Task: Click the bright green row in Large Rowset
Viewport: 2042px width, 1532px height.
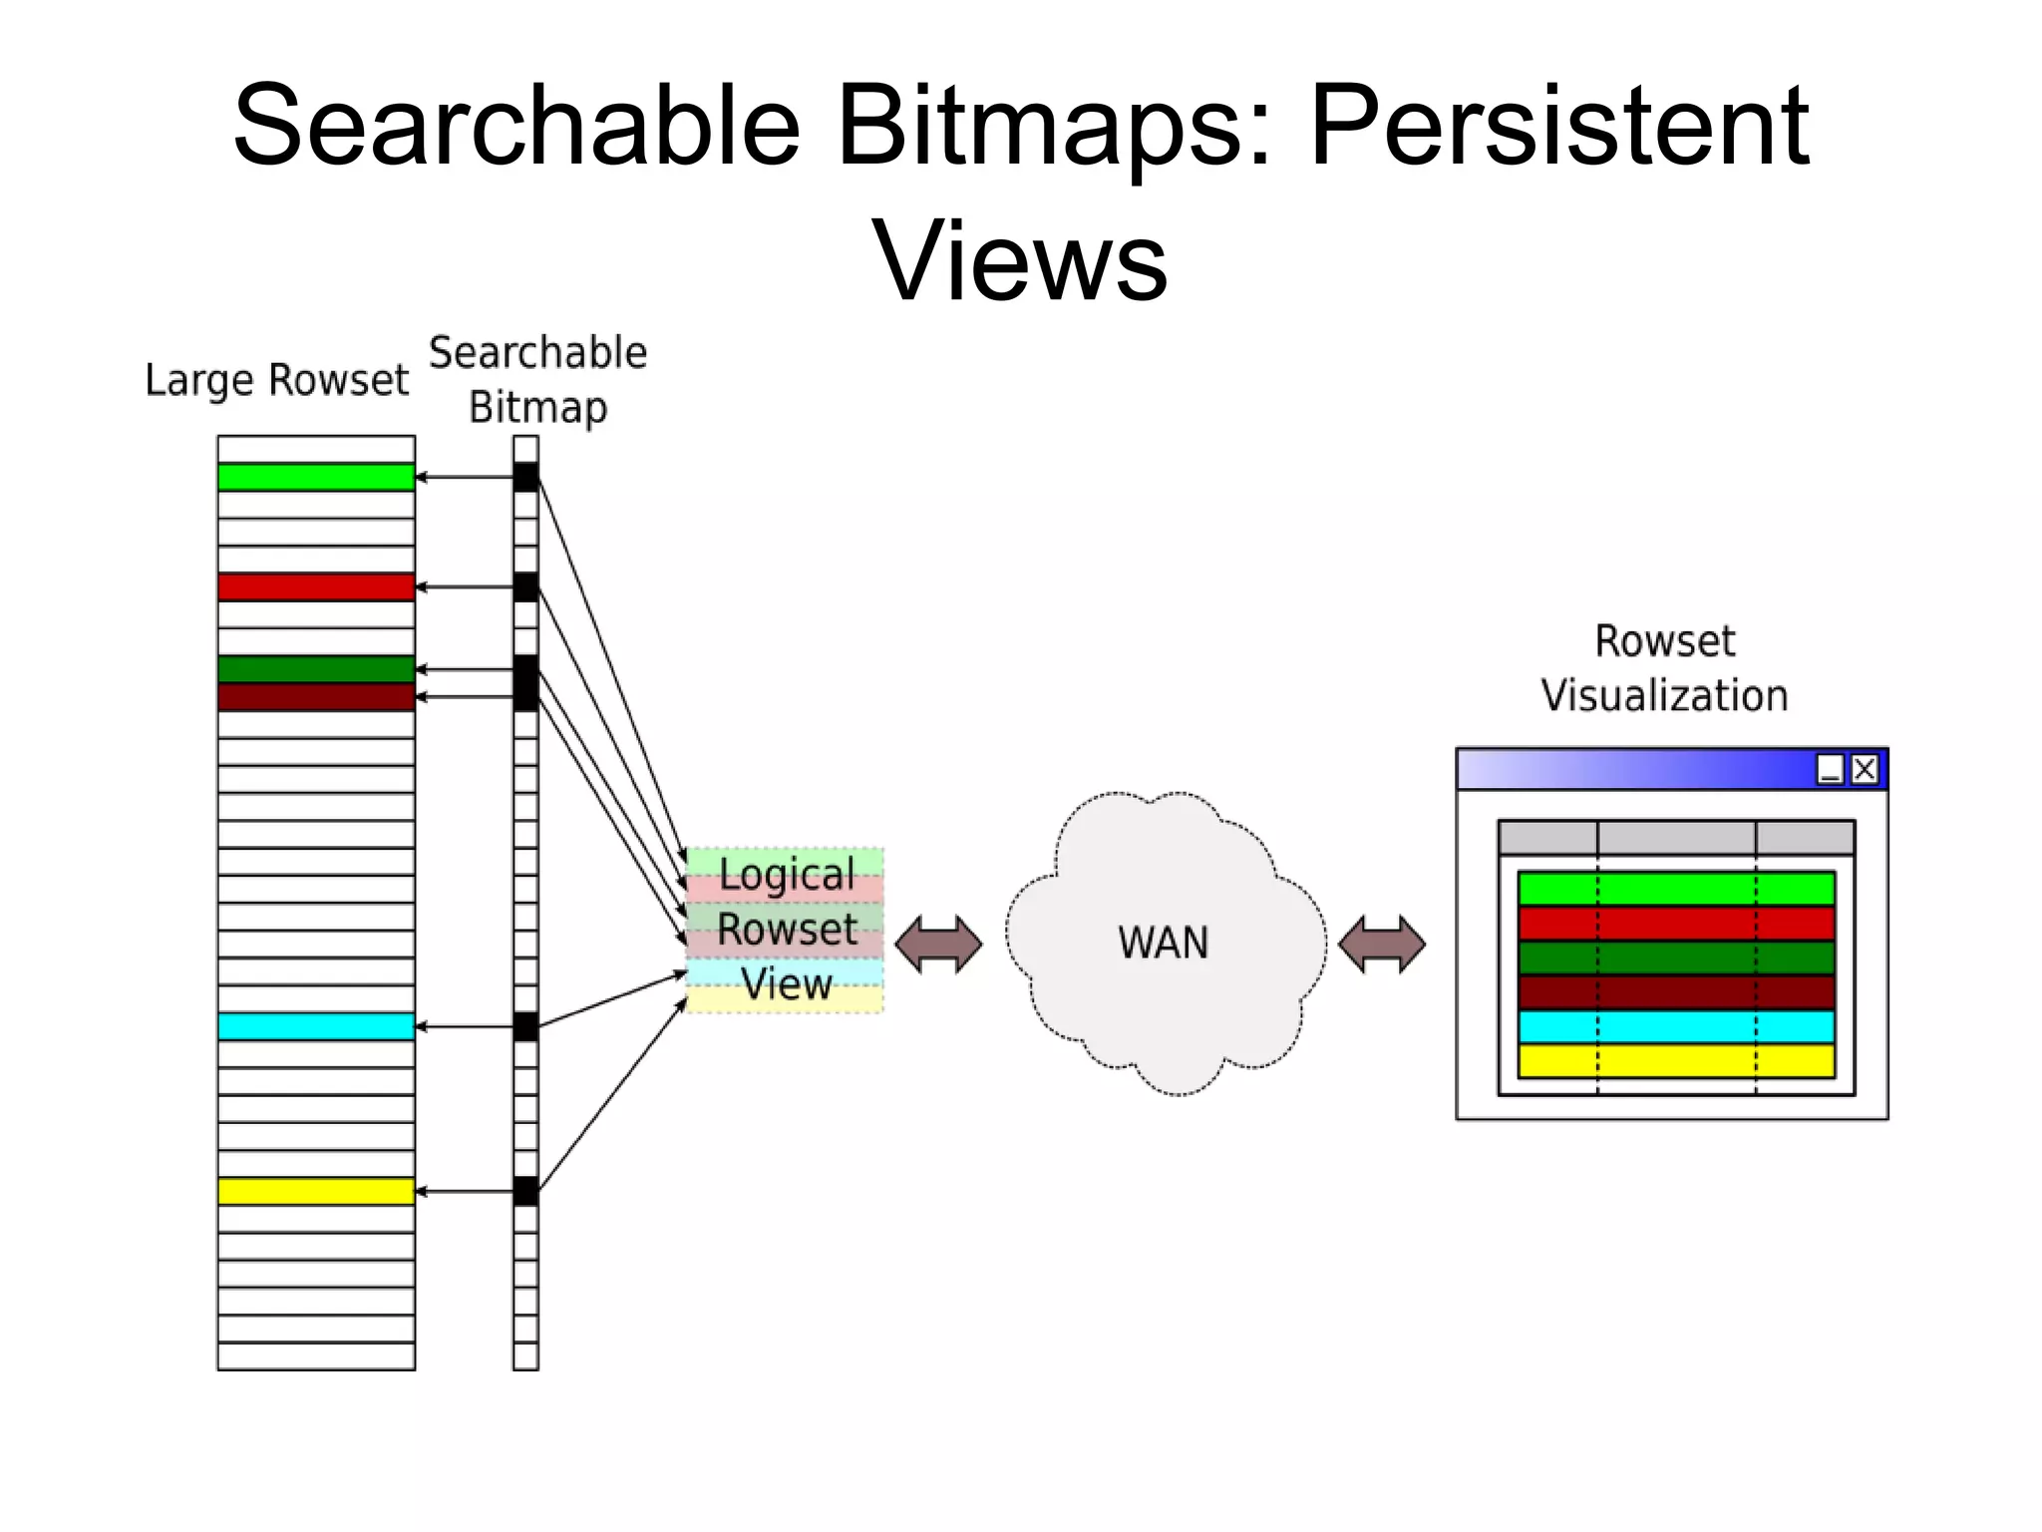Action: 316,478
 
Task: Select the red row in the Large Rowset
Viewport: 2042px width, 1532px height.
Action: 316,586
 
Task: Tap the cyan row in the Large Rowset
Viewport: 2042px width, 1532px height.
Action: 316,1026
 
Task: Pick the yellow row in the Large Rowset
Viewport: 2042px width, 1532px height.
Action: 316,1191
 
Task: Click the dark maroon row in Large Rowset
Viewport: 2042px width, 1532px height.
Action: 316,696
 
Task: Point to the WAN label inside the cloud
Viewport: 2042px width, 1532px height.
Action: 1164,943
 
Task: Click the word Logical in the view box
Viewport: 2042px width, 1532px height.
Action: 787,875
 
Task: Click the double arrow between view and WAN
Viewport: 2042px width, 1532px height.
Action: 938,944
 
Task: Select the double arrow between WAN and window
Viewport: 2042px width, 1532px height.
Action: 1382,944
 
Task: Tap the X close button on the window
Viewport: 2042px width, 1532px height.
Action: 1865,769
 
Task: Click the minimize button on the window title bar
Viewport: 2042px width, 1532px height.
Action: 1831,769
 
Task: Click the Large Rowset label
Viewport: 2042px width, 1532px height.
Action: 276,380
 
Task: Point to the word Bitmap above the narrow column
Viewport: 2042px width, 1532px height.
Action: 538,408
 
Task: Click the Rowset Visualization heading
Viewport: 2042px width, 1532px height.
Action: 1664,668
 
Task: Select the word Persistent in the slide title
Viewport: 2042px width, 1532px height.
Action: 1558,127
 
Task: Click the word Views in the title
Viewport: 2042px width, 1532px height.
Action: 1020,260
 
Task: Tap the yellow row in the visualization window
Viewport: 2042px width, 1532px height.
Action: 1676,1060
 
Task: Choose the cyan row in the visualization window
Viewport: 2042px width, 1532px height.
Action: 1676,1026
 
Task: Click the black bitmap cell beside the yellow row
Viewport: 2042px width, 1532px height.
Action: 525,1191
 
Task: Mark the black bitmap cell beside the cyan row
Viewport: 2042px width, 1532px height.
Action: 525,1026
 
